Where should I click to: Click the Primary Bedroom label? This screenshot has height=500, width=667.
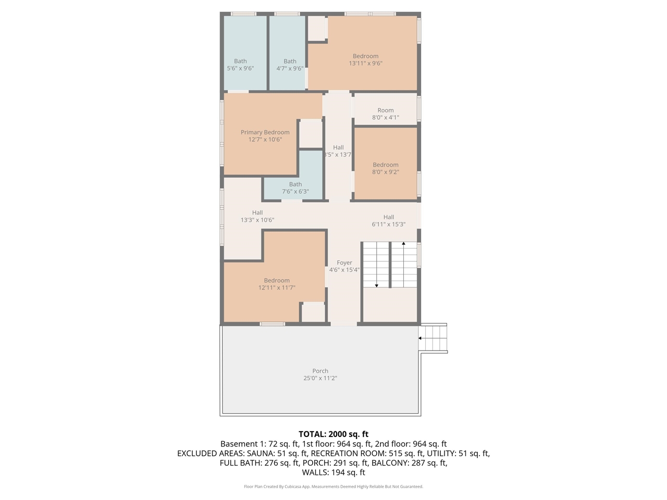click(265, 136)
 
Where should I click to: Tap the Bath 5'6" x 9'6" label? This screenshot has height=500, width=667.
click(240, 65)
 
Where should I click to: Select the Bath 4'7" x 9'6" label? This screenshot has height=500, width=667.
click(290, 65)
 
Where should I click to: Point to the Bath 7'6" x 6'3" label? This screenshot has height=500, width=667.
click(295, 187)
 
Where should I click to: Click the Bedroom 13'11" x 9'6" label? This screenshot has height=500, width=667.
click(365, 59)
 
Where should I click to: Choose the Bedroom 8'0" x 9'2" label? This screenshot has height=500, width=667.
click(386, 168)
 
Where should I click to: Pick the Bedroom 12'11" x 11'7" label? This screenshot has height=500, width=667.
click(277, 284)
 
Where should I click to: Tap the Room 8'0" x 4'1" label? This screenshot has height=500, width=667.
click(386, 114)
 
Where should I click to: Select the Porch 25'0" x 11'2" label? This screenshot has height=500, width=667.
click(320, 374)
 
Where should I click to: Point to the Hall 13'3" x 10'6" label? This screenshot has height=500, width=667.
click(257, 216)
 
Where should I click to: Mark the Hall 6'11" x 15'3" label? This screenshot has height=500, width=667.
click(389, 220)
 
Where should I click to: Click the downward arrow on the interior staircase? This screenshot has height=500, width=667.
click(377, 284)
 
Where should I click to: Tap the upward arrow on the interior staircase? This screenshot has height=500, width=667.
click(403, 244)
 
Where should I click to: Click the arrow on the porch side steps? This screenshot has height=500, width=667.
click(421, 338)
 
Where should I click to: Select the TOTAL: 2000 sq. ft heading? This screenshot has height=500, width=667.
click(333, 434)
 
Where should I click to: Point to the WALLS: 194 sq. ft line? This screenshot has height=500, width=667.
click(333, 472)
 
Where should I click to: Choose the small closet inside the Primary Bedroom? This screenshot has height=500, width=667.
click(311, 133)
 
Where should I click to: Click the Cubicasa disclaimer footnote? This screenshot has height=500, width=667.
click(333, 486)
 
